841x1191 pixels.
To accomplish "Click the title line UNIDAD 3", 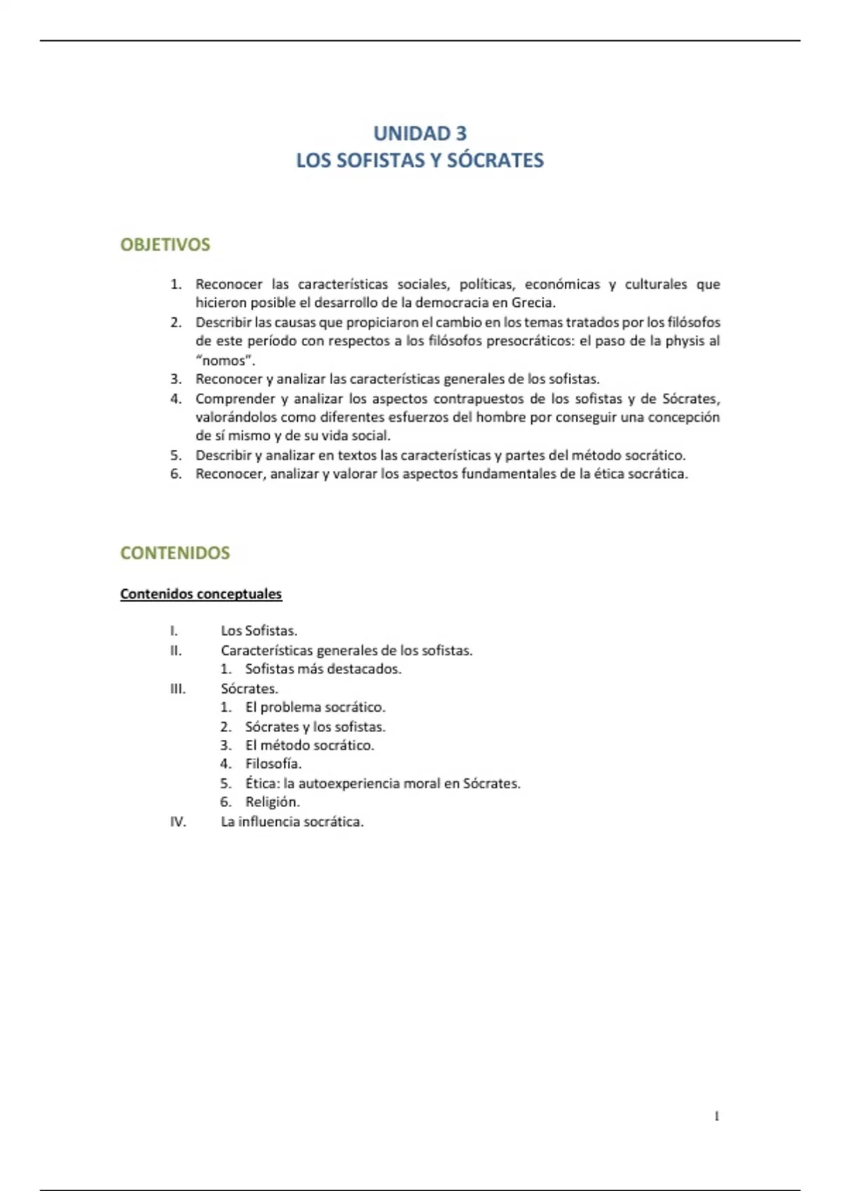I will [x=420, y=133].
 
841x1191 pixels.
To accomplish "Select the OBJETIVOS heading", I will [x=165, y=245].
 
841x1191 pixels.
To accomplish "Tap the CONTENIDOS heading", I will [x=175, y=553].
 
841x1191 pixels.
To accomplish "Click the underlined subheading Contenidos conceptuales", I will [x=201, y=594].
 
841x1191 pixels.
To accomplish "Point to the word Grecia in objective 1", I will [x=533, y=303].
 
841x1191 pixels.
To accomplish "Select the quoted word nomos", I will [x=224, y=361].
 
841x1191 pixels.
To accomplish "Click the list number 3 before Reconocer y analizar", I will [x=175, y=379].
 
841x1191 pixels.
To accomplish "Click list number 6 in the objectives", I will [x=175, y=474].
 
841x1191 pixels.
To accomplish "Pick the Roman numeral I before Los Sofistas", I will [x=174, y=631].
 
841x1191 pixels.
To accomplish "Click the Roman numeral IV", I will [x=178, y=821].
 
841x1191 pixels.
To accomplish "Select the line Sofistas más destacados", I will [x=323, y=669].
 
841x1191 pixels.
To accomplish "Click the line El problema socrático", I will [x=315, y=707].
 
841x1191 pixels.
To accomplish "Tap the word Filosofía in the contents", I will [x=273, y=764].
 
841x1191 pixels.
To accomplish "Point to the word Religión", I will [x=272, y=802].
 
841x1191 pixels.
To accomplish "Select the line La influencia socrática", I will [x=292, y=821].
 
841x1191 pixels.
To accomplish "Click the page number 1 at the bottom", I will [x=717, y=1116].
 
